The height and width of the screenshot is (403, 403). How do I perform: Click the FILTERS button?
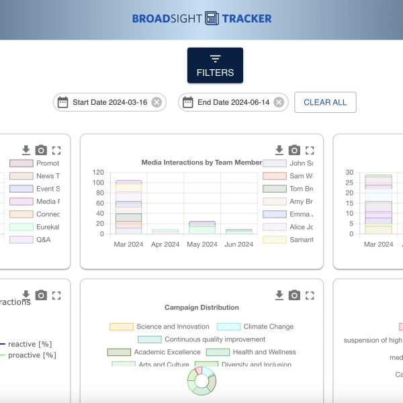click(x=215, y=65)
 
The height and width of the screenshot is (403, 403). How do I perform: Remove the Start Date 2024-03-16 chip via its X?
click(x=156, y=102)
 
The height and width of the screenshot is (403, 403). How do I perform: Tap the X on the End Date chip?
click(x=279, y=102)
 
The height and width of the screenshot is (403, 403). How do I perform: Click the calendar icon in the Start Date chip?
click(x=62, y=102)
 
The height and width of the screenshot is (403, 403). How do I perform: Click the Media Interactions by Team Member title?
click(x=201, y=162)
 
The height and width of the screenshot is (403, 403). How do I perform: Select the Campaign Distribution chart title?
click(x=201, y=307)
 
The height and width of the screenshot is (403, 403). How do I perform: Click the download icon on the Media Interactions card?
click(x=279, y=150)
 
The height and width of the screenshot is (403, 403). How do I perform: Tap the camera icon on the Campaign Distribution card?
click(x=294, y=296)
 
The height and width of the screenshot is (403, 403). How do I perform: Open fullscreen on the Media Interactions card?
click(x=310, y=150)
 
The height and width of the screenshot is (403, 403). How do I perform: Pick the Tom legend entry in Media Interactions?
click(x=300, y=189)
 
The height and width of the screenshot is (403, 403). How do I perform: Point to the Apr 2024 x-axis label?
click(x=165, y=244)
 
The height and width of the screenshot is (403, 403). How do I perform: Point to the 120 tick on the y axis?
click(x=98, y=173)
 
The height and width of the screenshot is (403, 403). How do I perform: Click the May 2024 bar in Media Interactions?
click(x=201, y=227)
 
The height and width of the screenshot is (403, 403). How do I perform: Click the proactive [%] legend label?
click(x=32, y=355)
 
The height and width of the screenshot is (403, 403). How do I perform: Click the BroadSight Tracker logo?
click(x=201, y=18)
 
